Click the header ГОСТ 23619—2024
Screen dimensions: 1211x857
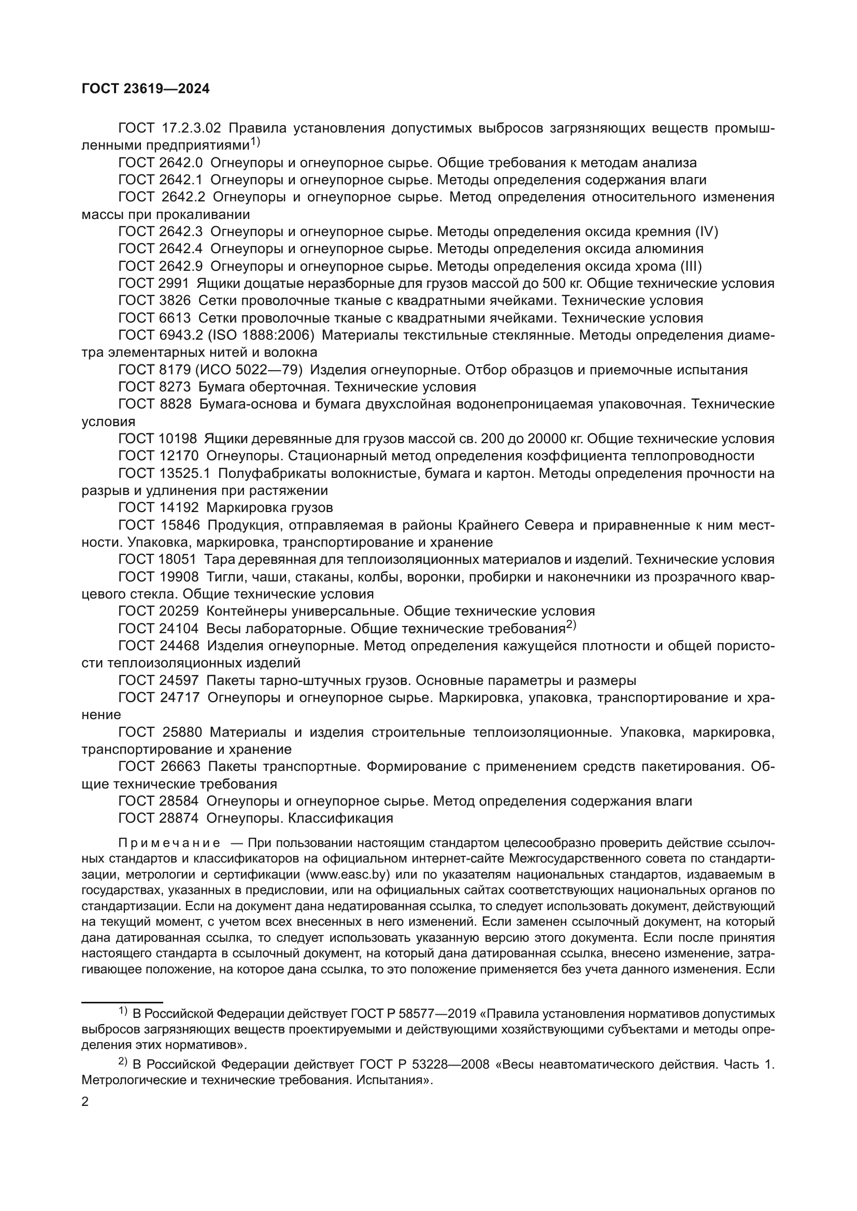[x=146, y=89]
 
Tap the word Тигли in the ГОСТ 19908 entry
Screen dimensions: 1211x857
[x=222, y=576]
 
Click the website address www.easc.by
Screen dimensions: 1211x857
[x=347, y=874]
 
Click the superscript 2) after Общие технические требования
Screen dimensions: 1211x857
[x=572, y=625]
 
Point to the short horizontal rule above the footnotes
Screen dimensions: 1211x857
[x=122, y=1001]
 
